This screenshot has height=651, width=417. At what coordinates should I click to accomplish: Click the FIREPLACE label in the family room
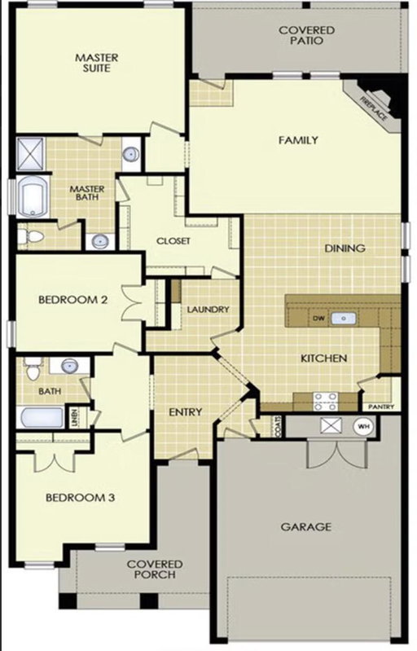[x=374, y=109]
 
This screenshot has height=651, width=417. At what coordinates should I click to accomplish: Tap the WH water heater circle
[x=363, y=426]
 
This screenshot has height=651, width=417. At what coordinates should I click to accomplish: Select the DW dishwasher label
[x=318, y=319]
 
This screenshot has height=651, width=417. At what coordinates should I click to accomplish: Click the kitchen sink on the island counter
[x=343, y=319]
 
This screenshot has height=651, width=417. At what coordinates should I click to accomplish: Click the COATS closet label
[x=278, y=426]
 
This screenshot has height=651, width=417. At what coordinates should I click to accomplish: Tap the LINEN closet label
[x=74, y=417]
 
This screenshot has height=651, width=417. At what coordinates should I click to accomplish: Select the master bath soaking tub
[x=33, y=197]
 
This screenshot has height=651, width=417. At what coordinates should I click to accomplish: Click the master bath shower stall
[x=30, y=153]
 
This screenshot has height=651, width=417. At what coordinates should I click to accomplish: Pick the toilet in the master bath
[x=30, y=237]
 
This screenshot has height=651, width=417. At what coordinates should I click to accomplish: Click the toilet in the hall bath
[x=33, y=368]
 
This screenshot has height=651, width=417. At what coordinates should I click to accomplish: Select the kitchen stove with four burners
[x=325, y=402]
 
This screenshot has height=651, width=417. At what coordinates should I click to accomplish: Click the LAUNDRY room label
[x=208, y=310]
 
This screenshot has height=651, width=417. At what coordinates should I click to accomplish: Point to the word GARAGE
[x=306, y=527]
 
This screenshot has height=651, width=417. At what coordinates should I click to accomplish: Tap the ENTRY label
[x=186, y=411]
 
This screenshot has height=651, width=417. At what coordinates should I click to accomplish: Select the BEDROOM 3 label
[x=80, y=497]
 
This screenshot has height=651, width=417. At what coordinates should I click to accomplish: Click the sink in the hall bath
[x=69, y=366]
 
